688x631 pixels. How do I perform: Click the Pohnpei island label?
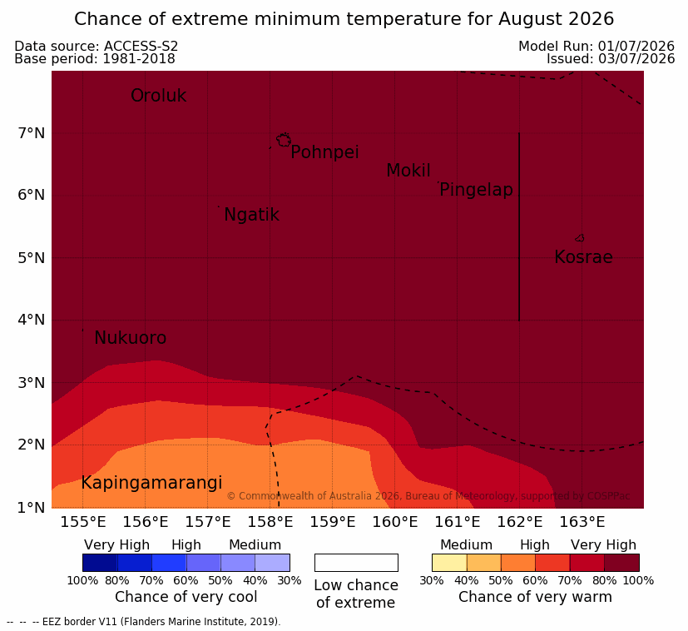(x=324, y=152)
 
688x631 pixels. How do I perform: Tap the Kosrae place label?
(x=583, y=257)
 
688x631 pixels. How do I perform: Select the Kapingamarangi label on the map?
(x=151, y=483)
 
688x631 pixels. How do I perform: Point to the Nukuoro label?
(x=131, y=338)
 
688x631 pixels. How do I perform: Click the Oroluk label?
(x=158, y=96)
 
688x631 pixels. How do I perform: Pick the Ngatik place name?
(x=251, y=215)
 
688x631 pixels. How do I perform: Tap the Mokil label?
(x=408, y=171)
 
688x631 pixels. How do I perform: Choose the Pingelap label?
(x=476, y=190)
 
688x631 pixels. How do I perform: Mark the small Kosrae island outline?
(x=580, y=238)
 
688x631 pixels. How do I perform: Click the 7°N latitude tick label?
(x=32, y=132)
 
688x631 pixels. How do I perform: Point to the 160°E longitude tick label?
(x=395, y=522)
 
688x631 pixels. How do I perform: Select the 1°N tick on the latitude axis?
(x=32, y=508)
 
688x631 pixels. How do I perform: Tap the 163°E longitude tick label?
(x=582, y=522)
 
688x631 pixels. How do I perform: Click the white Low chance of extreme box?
(x=356, y=563)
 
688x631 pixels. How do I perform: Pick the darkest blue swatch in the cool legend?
(x=100, y=563)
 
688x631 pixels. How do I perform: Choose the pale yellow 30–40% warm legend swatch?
(x=449, y=563)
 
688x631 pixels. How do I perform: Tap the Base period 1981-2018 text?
(x=95, y=59)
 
